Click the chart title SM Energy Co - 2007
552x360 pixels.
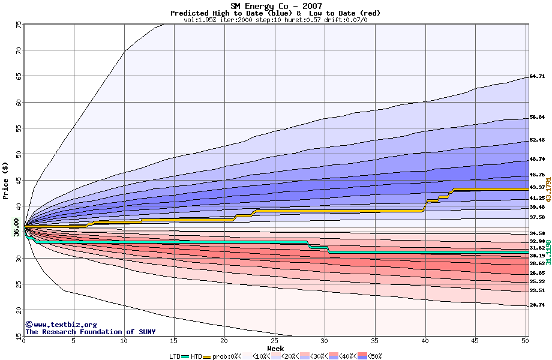[275, 5]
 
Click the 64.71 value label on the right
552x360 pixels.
[536, 76]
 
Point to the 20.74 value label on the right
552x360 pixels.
[536, 305]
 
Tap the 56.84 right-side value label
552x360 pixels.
[536, 118]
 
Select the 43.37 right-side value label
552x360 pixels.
[536, 187]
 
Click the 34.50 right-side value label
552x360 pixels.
[536, 233]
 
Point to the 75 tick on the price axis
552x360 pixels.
[19, 25]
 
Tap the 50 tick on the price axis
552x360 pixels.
[19, 154]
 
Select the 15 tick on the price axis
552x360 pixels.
[19, 335]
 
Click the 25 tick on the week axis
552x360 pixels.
[274, 341]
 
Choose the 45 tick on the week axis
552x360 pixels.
[475, 341]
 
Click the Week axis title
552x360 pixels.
[275, 348]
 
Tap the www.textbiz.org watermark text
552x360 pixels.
[61, 324]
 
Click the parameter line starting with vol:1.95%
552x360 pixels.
[275, 20]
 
